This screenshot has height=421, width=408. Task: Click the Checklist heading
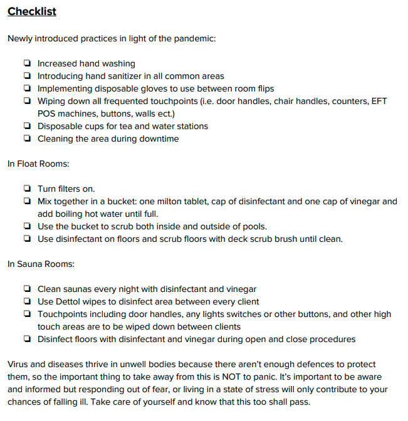point(32,12)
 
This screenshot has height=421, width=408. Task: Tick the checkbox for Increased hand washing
point(27,63)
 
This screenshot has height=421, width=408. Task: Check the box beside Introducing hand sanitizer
point(27,76)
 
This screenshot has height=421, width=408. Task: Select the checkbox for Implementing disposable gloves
point(27,88)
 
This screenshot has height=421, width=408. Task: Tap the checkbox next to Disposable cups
point(27,126)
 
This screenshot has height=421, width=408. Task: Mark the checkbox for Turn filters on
point(27,189)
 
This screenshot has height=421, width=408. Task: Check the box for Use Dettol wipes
point(27,301)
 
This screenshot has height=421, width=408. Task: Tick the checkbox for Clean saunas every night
point(27,289)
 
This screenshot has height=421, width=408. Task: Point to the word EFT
point(378,101)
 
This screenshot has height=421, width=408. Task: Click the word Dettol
point(70,301)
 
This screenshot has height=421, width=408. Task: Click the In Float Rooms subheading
point(38,164)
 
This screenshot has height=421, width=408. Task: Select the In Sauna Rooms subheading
point(41,264)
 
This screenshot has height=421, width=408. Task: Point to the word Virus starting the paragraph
point(19,364)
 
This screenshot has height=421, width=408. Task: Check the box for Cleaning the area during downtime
point(27,138)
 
